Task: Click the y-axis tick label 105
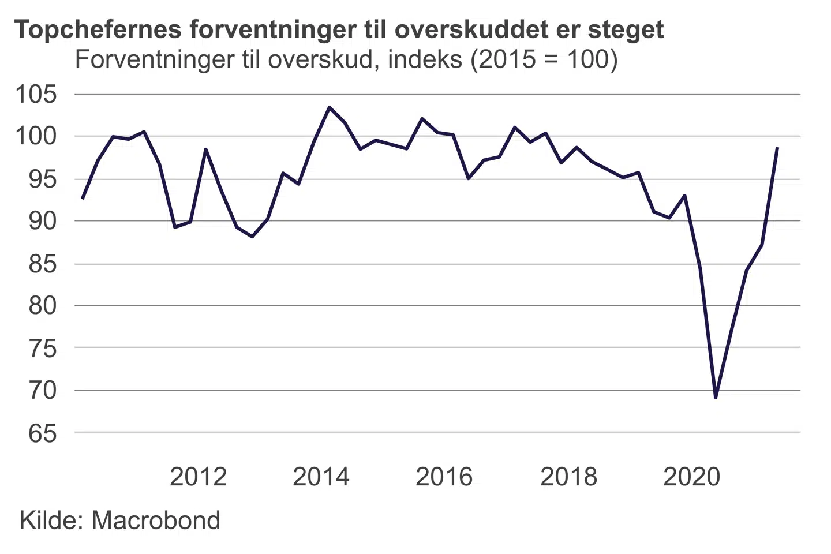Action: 36,94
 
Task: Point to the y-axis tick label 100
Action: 36,137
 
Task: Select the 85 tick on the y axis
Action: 43,264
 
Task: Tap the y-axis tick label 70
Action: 43,391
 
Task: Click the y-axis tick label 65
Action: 43,433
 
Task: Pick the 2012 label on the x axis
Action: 198,477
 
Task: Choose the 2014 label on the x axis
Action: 321,477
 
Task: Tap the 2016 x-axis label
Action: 444,477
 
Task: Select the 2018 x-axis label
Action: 568,477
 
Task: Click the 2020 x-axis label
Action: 691,477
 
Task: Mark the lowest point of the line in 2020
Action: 716,398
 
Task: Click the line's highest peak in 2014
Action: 329,107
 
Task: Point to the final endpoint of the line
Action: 778,147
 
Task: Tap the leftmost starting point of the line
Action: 83,199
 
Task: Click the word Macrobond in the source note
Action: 156,521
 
